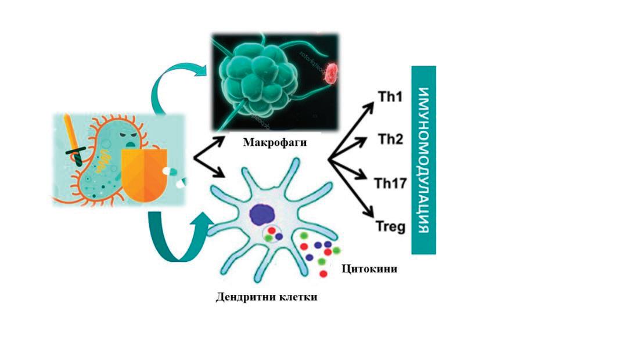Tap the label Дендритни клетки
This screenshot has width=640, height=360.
click(x=267, y=297)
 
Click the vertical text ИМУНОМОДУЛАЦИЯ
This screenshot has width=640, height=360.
click(x=423, y=160)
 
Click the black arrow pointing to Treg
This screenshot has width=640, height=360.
click(x=354, y=191)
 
